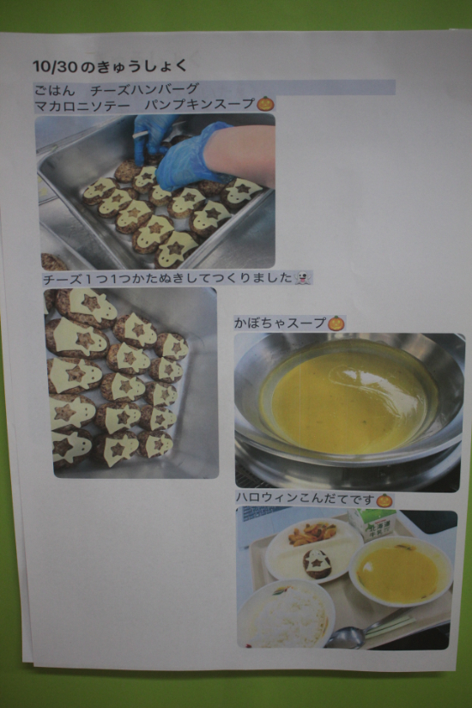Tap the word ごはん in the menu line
55,90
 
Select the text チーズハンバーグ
144,90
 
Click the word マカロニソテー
82,106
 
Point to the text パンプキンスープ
200,105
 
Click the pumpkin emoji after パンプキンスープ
265,104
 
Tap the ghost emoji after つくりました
303,278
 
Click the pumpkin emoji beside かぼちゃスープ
336,323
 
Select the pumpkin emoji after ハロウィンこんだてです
384,499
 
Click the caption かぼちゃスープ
280,324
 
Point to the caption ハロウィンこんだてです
306,499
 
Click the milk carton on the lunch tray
373,524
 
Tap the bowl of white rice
287,614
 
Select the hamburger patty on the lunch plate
317,565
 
